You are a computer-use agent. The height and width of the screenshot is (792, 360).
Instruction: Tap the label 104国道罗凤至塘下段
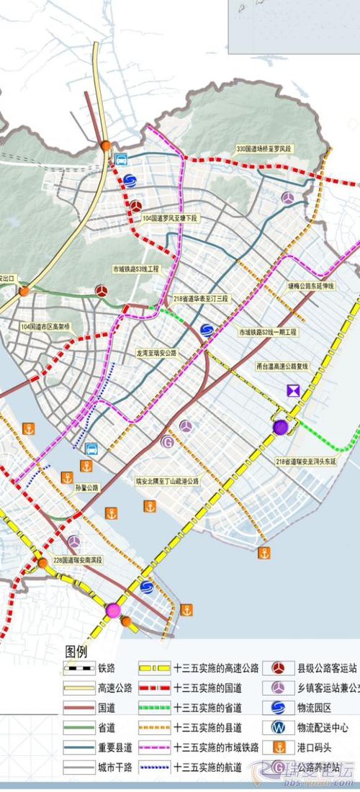pos(170,217)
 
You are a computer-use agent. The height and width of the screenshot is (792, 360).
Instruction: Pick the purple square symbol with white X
pos(293,390)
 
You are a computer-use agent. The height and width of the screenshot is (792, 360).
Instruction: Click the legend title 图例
pos(76,651)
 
